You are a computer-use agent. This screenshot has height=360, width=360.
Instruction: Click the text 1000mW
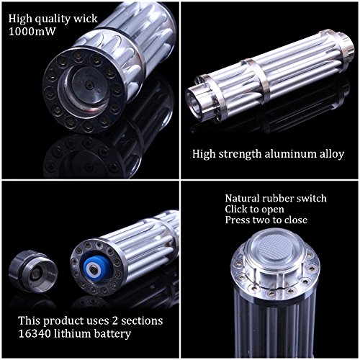[32, 31]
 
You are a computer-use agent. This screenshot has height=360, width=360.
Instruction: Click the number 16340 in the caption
[34, 333]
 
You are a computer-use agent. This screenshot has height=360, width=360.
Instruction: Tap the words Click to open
[254, 209]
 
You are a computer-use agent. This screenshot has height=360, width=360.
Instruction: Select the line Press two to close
[266, 220]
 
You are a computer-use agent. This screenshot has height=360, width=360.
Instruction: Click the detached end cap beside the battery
[33, 270]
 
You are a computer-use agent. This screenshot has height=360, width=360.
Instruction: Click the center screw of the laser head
[89, 85]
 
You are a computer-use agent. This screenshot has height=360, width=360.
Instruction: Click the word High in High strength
[204, 154]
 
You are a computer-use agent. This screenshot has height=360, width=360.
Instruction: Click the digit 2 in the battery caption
[115, 320]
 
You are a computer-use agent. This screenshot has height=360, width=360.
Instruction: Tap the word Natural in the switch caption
[242, 198]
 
